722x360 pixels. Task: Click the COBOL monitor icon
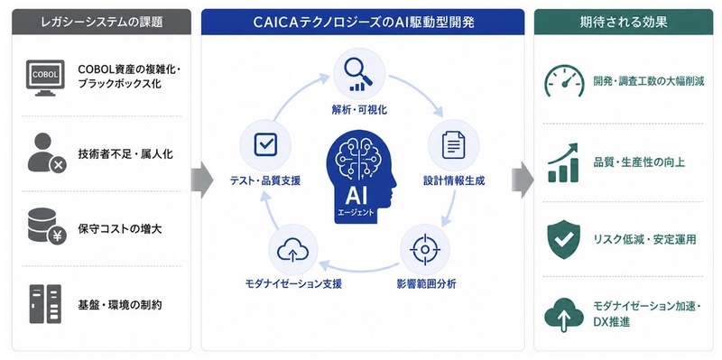(45, 78)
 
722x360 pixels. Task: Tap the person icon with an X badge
(47, 153)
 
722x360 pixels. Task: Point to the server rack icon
(45, 304)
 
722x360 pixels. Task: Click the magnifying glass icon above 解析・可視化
(358, 74)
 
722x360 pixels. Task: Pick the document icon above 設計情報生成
(454, 145)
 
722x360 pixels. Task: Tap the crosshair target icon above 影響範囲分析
(425, 250)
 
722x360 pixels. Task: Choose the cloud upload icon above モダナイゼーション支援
(292, 251)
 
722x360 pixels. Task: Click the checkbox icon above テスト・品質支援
(265, 144)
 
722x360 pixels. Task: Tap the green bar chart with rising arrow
(563, 162)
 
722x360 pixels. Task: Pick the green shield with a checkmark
(564, 239)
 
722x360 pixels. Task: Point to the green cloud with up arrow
(564, 315)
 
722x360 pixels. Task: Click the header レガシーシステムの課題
(101, 22)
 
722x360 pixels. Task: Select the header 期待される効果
(624, 22)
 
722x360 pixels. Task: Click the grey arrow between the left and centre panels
(202, 180)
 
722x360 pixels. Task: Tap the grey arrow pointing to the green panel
(523, 180)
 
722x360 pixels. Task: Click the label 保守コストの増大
(120, 229)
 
